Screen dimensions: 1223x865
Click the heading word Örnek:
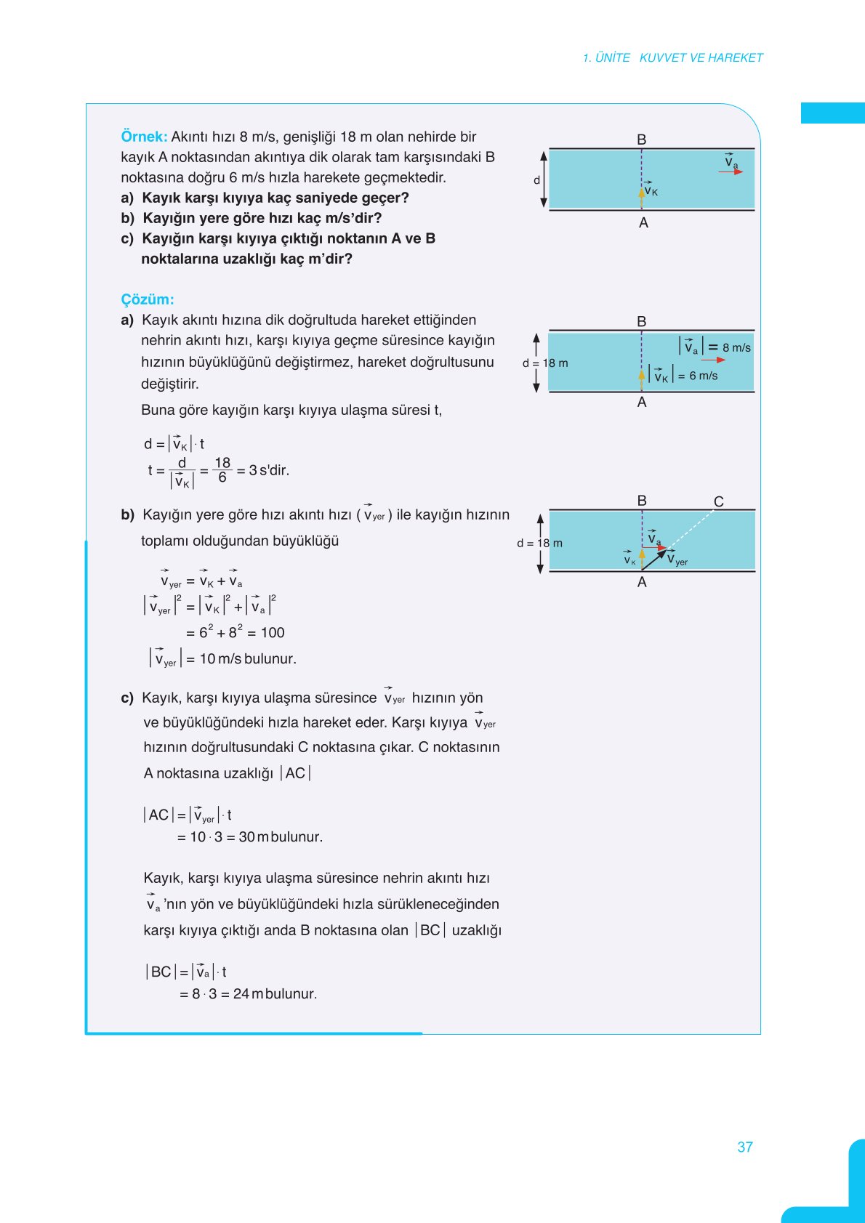click(144, 137)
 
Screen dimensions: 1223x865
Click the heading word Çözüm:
click(148, 299)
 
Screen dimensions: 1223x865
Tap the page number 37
click(745, 1147)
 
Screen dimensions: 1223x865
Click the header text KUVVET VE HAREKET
click(701, 57)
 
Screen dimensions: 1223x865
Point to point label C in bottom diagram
click(719, 501)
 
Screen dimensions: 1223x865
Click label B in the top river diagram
click(642, 139)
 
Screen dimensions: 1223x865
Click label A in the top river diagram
click(643, 223)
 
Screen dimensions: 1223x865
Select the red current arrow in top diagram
click(731, 172)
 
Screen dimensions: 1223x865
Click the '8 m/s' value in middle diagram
click(736, 348)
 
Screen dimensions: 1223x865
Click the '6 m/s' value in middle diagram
click(703, 376)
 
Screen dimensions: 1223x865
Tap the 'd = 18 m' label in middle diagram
click(545, 363)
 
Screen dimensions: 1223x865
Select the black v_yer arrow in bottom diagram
click(654, 560)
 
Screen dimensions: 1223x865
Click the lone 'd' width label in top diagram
click(537, 180)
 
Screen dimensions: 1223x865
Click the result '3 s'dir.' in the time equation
click(269, 470)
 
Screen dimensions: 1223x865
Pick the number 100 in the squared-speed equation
click(273, 633)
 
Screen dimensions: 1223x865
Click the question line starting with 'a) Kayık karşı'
click(265, 198)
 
